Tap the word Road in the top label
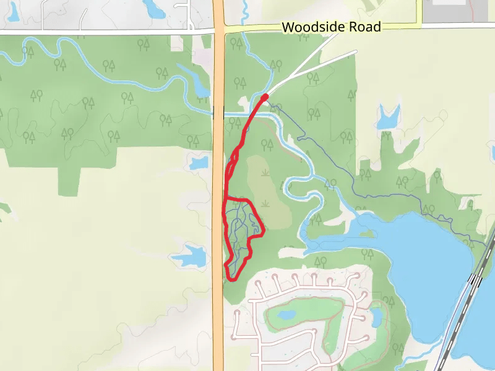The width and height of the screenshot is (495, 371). pyautogui.click(x=364, y=27)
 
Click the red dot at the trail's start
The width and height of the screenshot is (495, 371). pyautogui.click(x=265, y=96)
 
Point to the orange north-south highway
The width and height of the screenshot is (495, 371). pyautogui.click(x=218, y=185)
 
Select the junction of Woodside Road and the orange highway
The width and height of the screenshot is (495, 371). pyautogui.click(x=218, y=28)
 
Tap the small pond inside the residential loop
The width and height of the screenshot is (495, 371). pyautogui.click(x=286, y=315)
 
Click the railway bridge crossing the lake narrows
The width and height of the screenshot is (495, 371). pyautogui.click(x=476, y=280)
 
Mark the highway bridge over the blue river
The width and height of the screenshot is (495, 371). pyautogui.click(x=218, y=113)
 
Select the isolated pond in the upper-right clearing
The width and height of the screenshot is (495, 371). pyautogui.click(x=388, y=117)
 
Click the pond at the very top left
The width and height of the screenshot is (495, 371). pyautogui.click(x=151, y=7)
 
